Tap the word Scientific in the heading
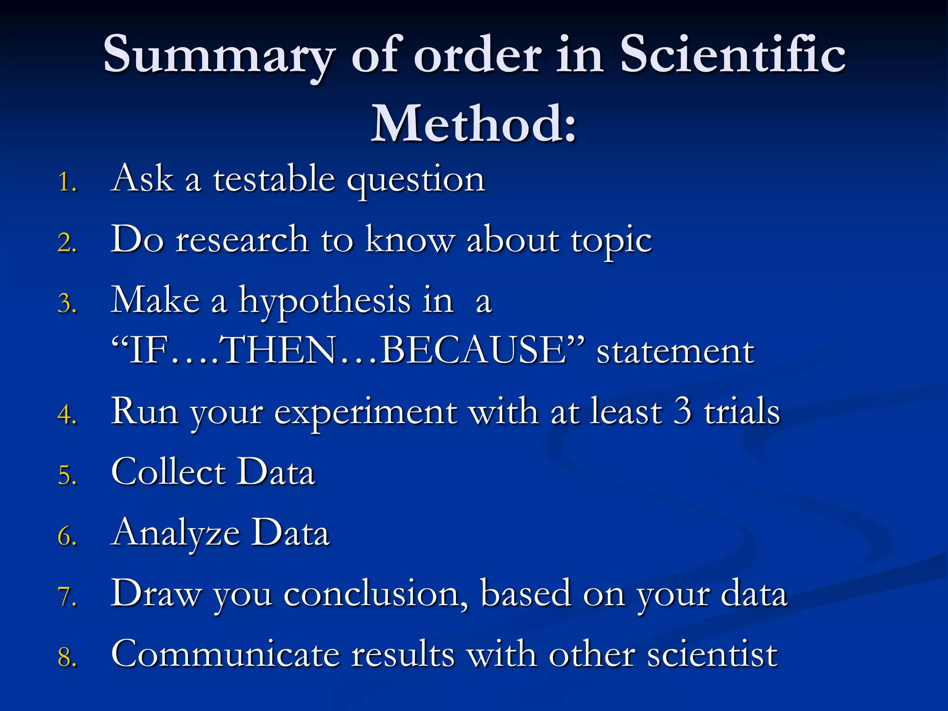click(x=733, y=55)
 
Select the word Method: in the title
click(x=474, y=124)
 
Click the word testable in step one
click(x=274, y=179)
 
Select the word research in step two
click(x=242, y=240)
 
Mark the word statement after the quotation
click(x=675, y=352)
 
